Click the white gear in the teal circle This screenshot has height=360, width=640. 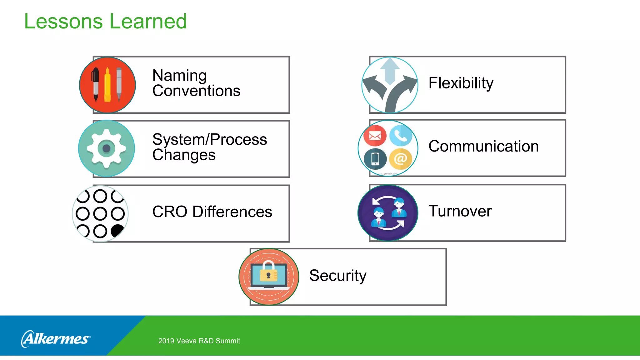(106, 148)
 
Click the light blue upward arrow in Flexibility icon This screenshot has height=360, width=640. (390, 70)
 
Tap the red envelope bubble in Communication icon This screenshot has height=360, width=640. (375, 136)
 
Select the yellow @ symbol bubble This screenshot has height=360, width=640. (400, 159)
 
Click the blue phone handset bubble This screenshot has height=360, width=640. (401, 135)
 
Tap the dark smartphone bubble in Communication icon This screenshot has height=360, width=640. (375, 159)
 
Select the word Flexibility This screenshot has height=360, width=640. (461, 83)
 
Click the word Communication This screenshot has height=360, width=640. (483, 146)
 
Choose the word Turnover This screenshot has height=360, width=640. (460, 211)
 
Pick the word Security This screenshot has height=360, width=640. (337, 276)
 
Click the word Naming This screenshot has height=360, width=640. (179, 75)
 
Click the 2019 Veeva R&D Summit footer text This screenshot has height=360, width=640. (199, 341)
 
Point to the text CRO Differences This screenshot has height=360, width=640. (212, 212)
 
